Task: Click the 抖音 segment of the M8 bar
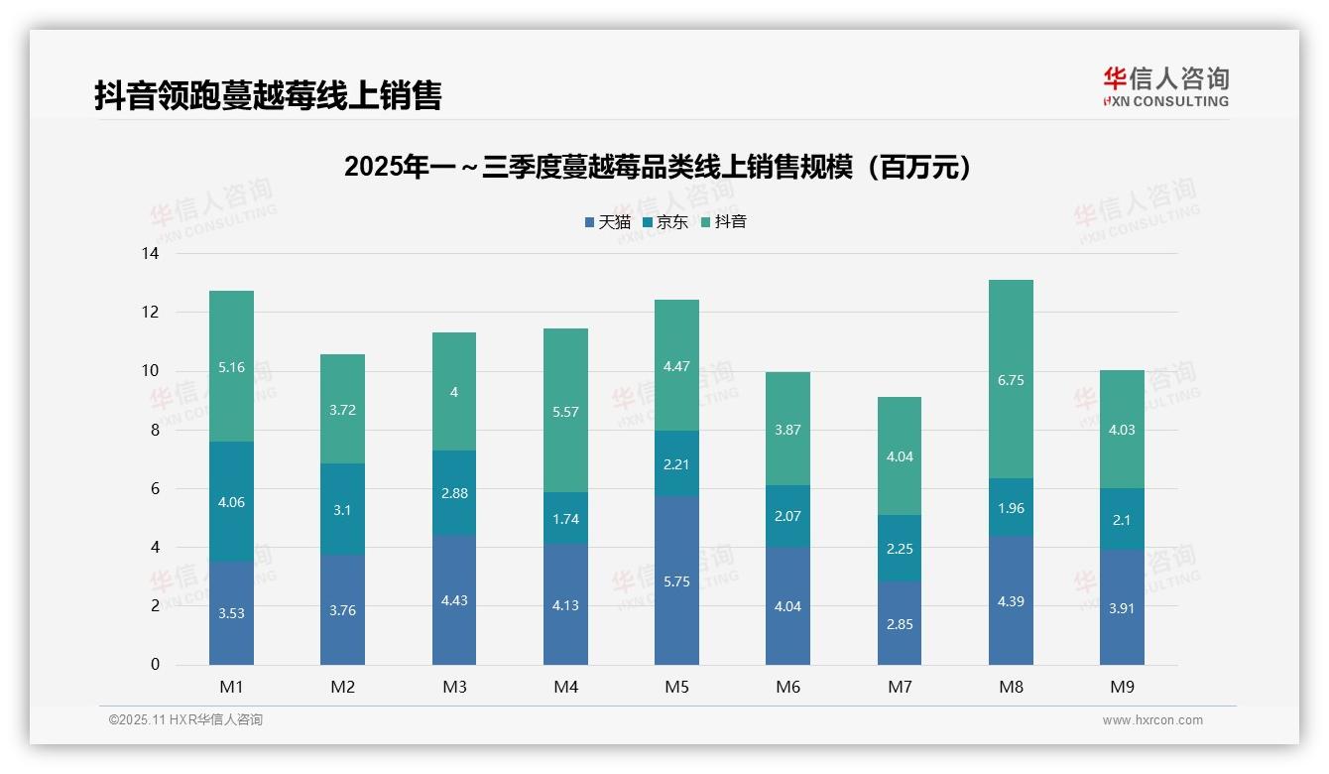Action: click(x=1011, y=379)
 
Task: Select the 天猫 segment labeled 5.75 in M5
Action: click(x=676, y=580)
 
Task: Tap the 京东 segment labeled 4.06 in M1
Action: click(x=231, y=501)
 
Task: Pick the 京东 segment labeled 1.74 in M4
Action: click(x=565, y=518)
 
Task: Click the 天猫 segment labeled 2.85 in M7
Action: click(x=899, y=622)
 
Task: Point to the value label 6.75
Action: click(x=1011, y=380)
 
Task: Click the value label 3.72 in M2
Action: click(x=342, y=410)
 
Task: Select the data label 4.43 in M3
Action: click(x=454, y=600)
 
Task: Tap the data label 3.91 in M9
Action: click(x=1122, y=608)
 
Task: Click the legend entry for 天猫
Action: click(x=607, y=222)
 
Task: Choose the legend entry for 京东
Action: click(x=665, y=222)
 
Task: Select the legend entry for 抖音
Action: click(x=724, y=222)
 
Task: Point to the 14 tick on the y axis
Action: click(x=150, y=254)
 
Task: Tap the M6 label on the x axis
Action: click(x=787, y=687)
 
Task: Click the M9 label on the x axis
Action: click(x=1122, y=687)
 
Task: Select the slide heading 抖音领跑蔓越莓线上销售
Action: click(x=268, y=95)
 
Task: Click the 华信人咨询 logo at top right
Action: click(x=1165, y=87)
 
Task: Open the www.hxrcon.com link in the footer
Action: click(x=1152, y=720)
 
